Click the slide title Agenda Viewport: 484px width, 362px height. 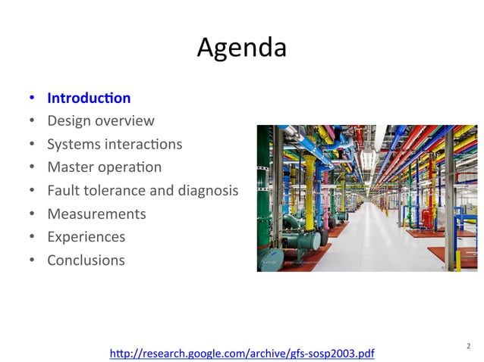click(241, 48)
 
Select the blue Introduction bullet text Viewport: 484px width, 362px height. click(89, 98)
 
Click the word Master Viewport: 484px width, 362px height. click(70, 167)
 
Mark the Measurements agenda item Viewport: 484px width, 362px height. click(96, 214)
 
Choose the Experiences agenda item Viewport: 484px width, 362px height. click(86, 237)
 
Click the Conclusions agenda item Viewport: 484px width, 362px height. click(86, 260)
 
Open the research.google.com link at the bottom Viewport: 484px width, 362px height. click(242, 353)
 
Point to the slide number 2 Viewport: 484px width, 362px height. click(467, 347)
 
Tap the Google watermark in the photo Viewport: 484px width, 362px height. click(269, 262)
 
